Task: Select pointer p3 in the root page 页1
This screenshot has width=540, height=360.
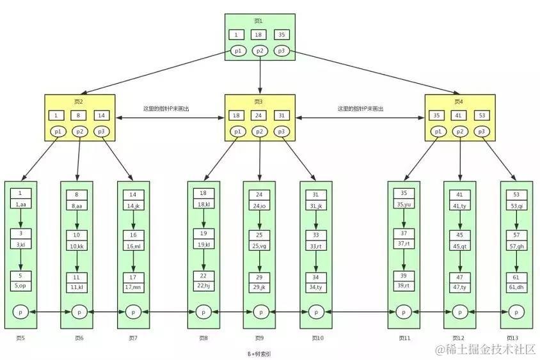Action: (282, 51)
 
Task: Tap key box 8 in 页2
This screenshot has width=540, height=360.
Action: (79, 116)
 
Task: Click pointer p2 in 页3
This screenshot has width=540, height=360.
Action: (259, 131)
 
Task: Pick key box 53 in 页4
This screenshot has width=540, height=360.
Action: (482, 116)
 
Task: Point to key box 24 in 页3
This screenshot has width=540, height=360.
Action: (259, 116)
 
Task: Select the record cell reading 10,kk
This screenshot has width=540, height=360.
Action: (77, 246)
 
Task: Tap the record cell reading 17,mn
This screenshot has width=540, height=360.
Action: (133, 288)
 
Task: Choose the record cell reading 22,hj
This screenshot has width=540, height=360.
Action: (203, 285)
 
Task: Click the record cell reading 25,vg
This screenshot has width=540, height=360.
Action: (259, 246)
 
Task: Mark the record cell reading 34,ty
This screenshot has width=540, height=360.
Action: (316, 288)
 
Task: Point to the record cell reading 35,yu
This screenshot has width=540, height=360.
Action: (404, 205)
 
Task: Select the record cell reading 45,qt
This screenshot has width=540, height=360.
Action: (460, 246)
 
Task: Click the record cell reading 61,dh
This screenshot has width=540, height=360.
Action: (516, 288)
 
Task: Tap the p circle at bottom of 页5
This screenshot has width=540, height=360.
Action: (20, 312)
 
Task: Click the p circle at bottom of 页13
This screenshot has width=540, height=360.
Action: (516, 312)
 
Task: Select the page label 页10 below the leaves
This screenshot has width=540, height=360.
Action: (317, 338)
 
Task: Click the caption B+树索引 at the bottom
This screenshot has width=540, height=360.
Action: (260, 352)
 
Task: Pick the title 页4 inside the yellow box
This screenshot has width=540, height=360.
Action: (458, 102)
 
